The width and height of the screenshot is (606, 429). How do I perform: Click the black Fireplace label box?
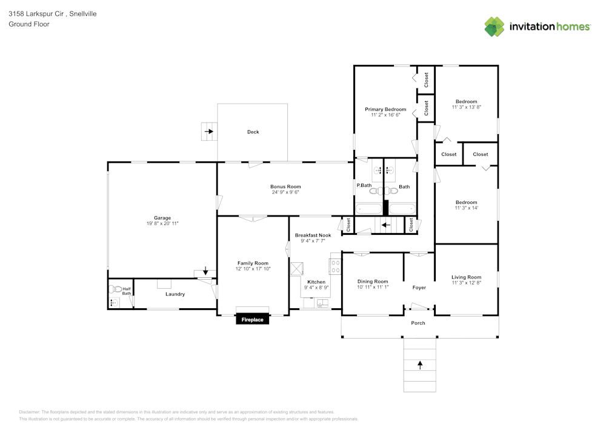(x=253, y=319)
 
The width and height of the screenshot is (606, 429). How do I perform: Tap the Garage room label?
(x=162, y=218)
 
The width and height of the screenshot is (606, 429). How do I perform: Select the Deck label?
(x=253, y=132)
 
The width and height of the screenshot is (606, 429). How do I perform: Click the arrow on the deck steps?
(x=209, y=131)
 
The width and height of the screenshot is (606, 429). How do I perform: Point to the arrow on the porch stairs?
(x=419, y=365)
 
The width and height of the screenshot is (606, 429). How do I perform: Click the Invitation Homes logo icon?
(x=494, y=27)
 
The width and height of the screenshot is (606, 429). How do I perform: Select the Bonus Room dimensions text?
(x=285, y=192)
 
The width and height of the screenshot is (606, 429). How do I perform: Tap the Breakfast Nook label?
(x=313, y=235)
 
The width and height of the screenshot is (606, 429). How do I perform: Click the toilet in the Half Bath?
(x=113, y=289)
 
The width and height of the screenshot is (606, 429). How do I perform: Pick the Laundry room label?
(x=175, y=294)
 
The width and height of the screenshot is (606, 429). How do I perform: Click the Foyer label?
(x=419, y=288)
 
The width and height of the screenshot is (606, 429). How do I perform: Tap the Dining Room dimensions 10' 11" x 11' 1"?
(x=373, y=287)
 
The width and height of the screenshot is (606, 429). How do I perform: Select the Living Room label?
(x=466, y=277)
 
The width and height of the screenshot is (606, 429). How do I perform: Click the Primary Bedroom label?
(x=385, y=109)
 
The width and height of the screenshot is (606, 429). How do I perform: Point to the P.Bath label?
(x=364, y=186)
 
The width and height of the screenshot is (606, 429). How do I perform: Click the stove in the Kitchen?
(x=335, y=265)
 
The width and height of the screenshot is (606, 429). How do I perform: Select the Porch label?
(x=418, y=323)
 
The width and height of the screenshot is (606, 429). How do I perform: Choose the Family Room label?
(x=253, y=263)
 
